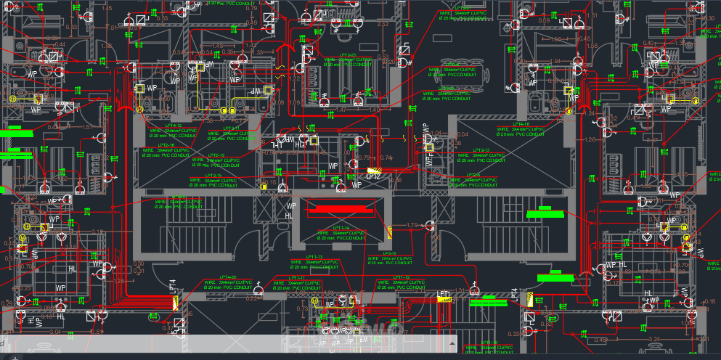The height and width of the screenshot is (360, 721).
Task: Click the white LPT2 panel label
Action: [373, 176]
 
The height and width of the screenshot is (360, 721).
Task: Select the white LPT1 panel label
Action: [444, 294]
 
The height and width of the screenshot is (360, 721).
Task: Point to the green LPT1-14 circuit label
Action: [341, 228]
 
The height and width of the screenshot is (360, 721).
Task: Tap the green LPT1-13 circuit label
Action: [314, 256]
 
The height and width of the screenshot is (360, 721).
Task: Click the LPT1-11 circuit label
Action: [296, 277]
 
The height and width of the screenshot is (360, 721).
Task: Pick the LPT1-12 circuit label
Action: [401, 277]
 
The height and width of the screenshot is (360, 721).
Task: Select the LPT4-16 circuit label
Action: [520, 124]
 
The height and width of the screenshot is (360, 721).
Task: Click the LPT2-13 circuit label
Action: [478, 150]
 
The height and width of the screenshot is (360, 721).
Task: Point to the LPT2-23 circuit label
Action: [347, 55]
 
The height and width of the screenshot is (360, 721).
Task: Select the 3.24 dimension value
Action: [653, 338]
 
